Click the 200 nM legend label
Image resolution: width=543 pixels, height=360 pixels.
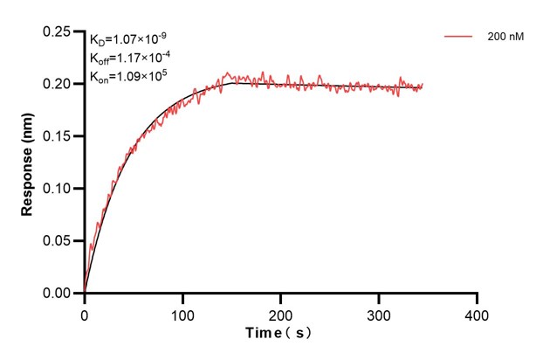505,37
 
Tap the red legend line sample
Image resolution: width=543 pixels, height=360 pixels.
459,37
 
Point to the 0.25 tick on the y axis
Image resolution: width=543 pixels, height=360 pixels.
58,31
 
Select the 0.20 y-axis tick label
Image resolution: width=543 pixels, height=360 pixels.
58,84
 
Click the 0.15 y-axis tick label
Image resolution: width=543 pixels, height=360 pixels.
58,136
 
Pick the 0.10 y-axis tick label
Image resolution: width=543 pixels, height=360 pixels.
58,189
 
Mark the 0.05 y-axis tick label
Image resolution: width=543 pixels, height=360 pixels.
58,241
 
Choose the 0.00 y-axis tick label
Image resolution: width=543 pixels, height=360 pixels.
58,294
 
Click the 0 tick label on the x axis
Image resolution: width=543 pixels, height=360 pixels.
85,312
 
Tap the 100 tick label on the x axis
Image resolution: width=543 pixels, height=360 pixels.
182,312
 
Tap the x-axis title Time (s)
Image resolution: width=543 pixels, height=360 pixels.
278,334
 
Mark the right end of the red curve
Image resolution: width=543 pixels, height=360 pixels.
423,86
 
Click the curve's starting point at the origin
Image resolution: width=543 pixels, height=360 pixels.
85,292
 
